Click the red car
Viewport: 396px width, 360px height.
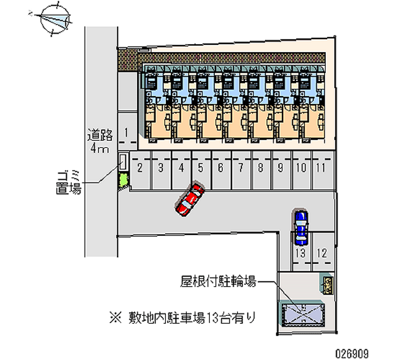[x=190, y=199]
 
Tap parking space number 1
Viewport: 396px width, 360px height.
[x=127, y=133]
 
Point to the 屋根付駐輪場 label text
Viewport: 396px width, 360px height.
[x=218, y=283]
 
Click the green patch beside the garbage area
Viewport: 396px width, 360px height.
[x=122, y=181]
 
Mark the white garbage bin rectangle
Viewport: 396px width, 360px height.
[x=123, y=162]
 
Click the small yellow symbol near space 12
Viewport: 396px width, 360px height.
[x=328, y=284]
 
